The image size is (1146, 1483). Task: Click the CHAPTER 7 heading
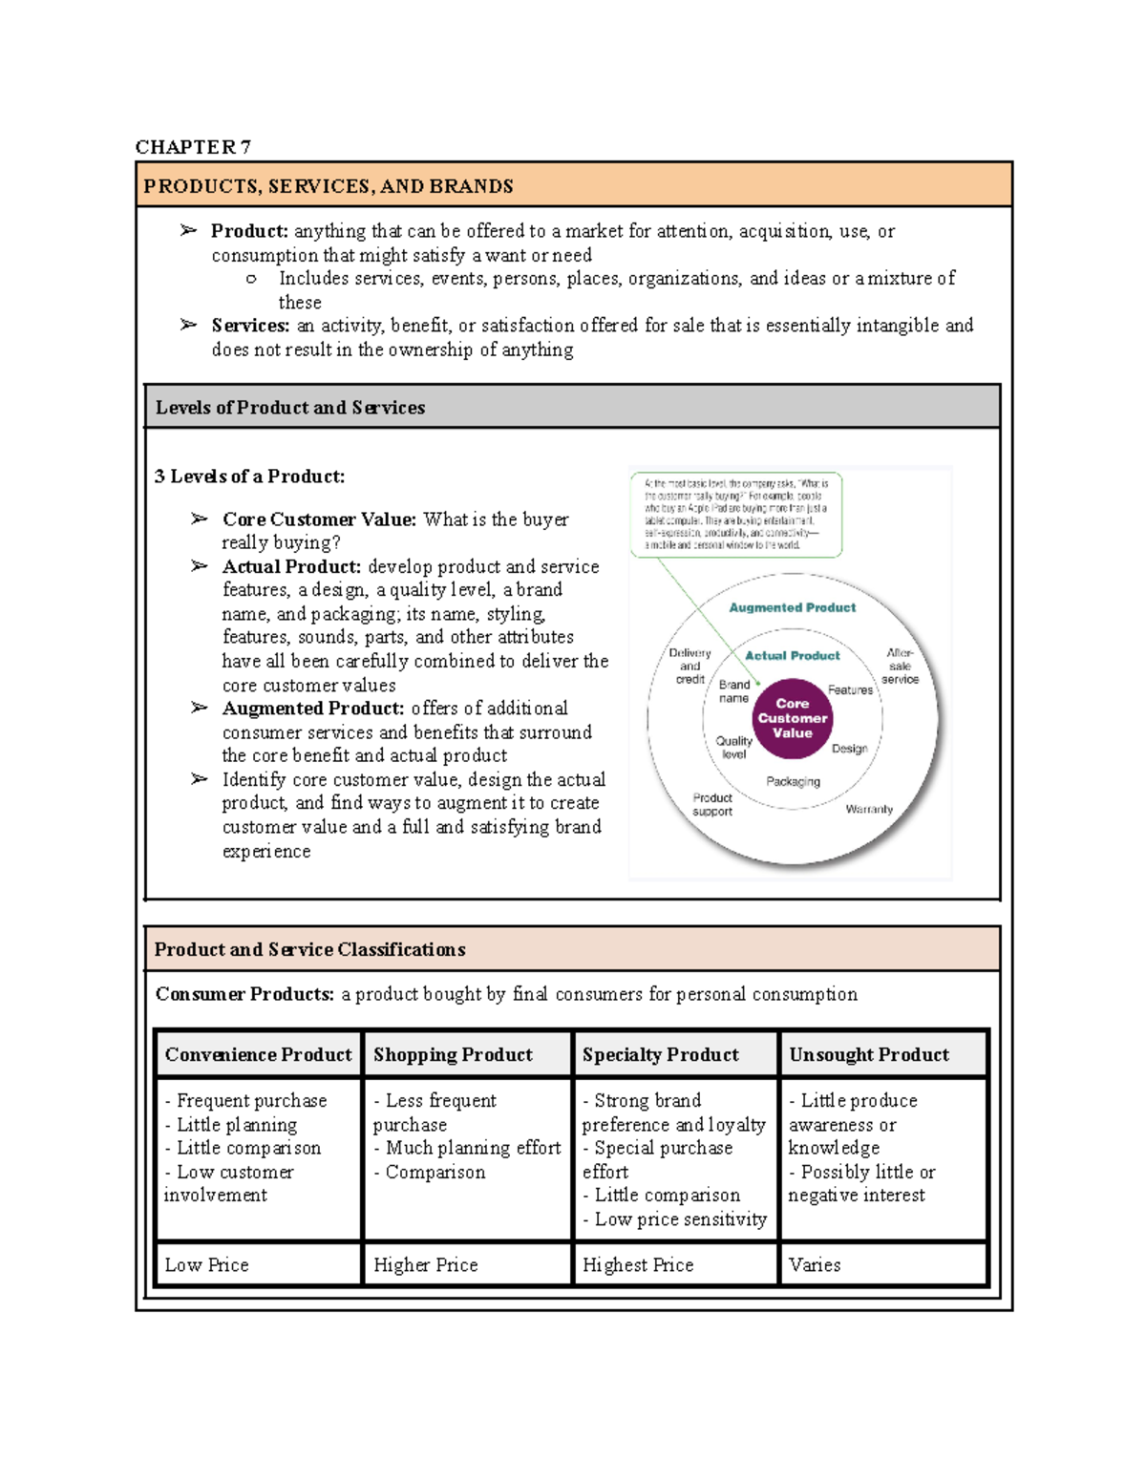(193, 147)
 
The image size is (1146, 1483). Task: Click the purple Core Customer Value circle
(792, 718)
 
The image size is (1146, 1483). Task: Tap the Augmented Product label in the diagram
(792, 607)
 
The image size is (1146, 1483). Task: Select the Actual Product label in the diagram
(792, 656)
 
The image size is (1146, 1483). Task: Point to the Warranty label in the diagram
(869, 809)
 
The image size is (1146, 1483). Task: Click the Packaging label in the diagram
(793, 781)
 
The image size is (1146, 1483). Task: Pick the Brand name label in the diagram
(733, 691)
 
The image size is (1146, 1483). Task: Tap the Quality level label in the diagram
(733, 747)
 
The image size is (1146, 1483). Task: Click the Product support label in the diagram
(712, 804)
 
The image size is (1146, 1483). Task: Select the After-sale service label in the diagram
(900, 667)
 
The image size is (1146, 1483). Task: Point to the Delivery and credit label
(690, 667)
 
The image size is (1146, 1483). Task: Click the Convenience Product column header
(258, 1055)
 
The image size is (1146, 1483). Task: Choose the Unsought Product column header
(869, 1055)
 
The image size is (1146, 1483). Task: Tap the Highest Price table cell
(638, 1265)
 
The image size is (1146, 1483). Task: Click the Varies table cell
(815, 1265)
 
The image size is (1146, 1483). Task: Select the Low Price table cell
(206, 1265)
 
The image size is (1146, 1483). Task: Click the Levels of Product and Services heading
(290, 408)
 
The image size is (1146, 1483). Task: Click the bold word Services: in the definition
(250, 326)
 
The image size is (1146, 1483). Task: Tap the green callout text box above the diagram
(736, 515)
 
